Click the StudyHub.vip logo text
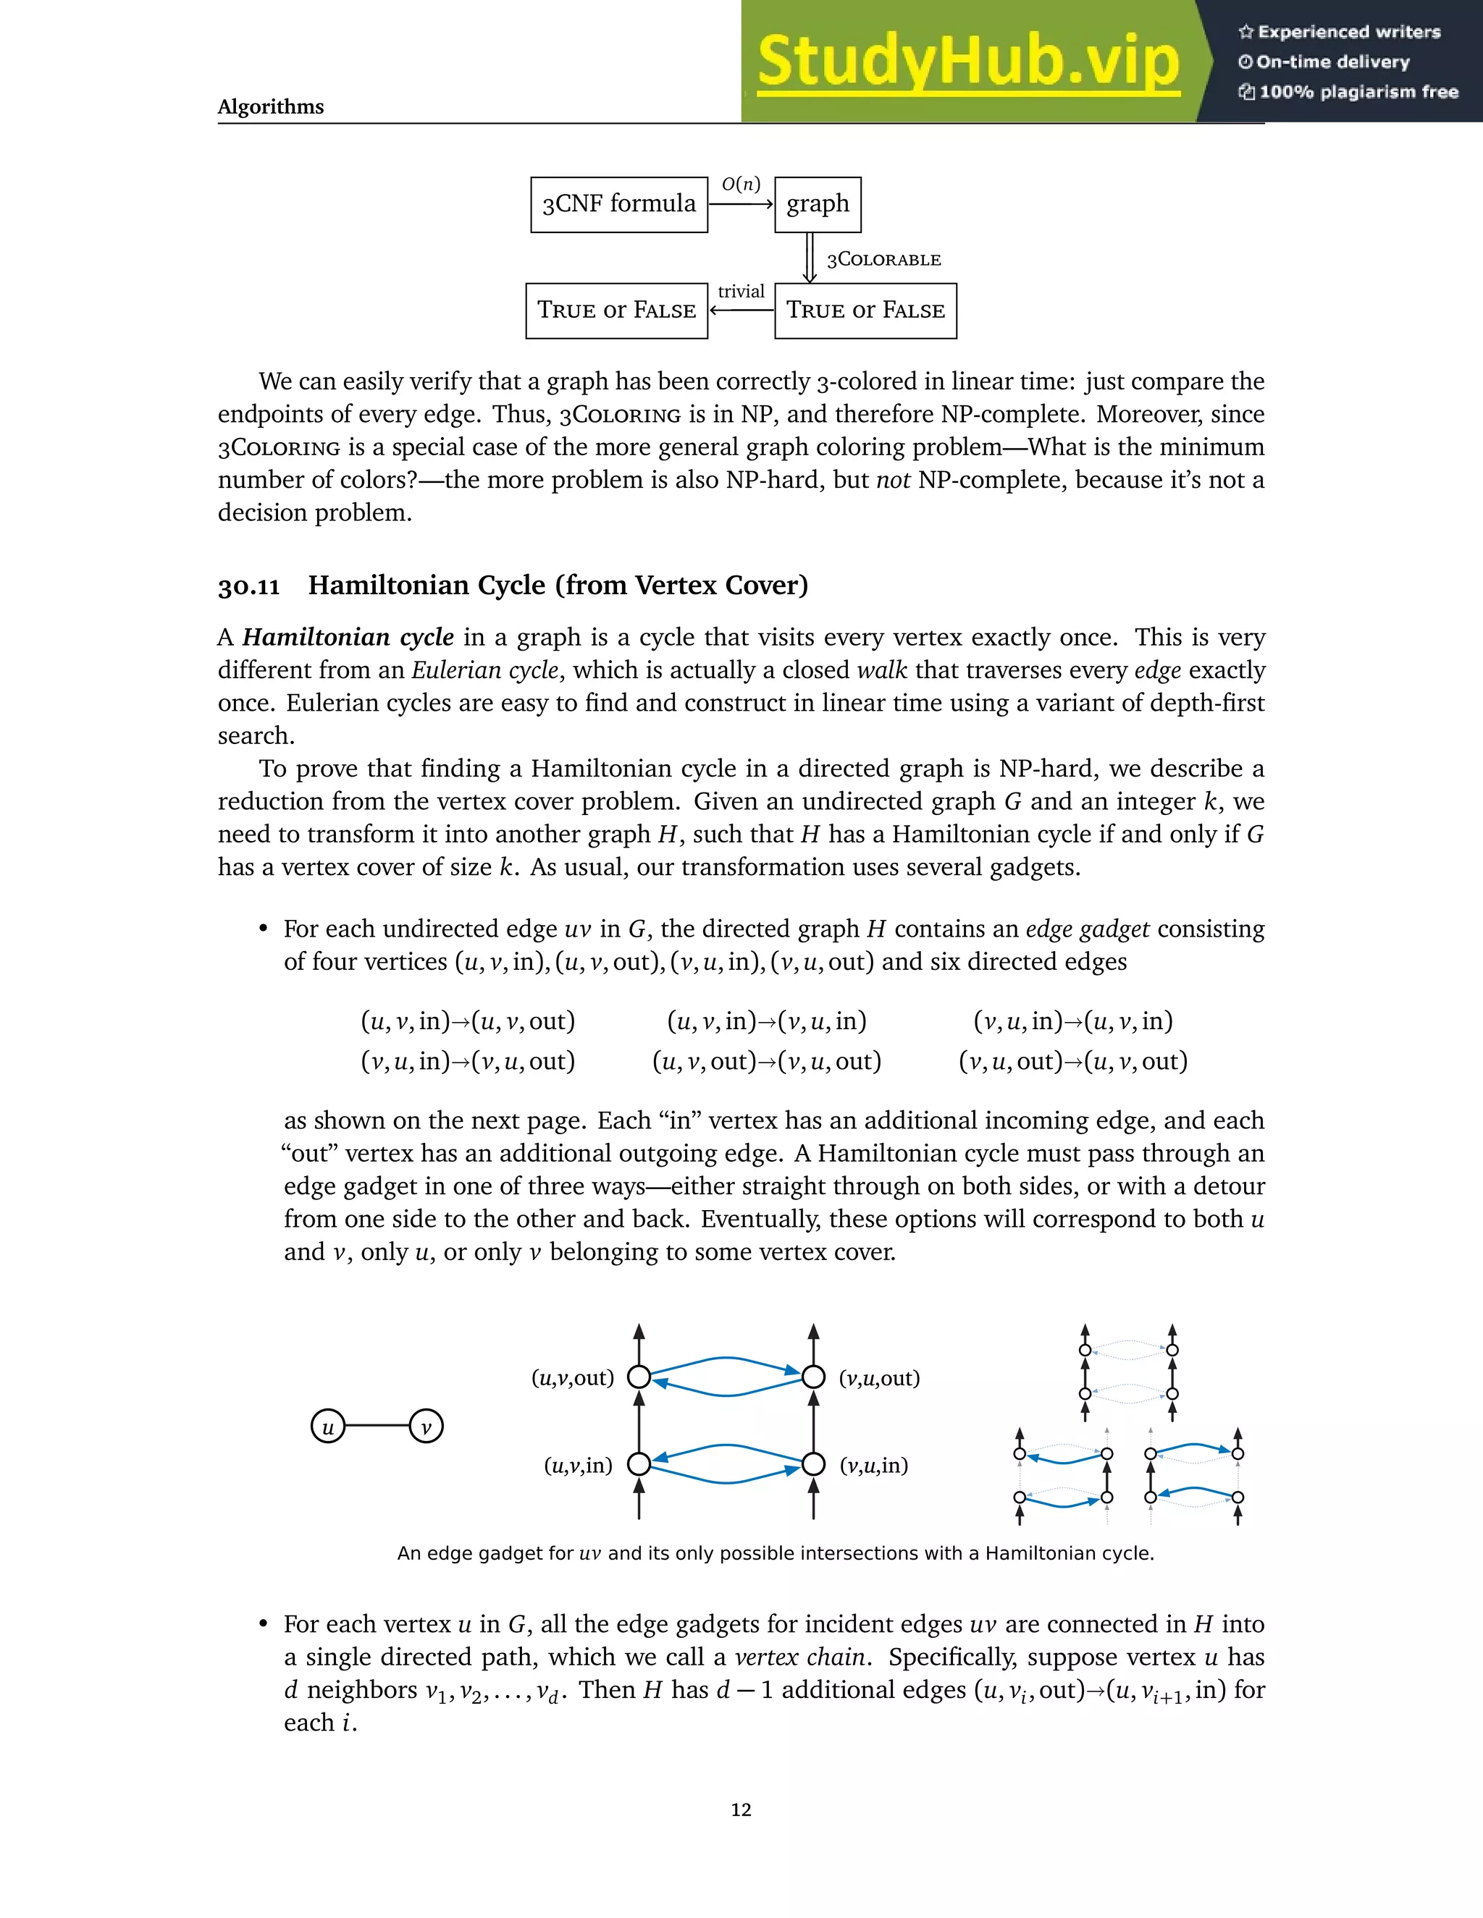tap(967, 62)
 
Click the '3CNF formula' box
tap(618, 205)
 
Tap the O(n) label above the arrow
tap(741, 185)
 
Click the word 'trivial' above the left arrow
tap(741, 291)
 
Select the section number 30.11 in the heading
tap(248, 586)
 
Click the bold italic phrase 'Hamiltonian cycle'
tap(348, 637)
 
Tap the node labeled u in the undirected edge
tap(328, 1427)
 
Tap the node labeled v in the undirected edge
tap(426, 1427)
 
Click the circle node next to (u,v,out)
tap(639, 1377)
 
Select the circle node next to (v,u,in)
tap(813, 1464)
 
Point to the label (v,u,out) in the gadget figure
tap(878, 1378)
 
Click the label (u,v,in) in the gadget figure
tap(577, 1465)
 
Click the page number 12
tap(741, 1809)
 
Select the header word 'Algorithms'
tap(271, 106)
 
